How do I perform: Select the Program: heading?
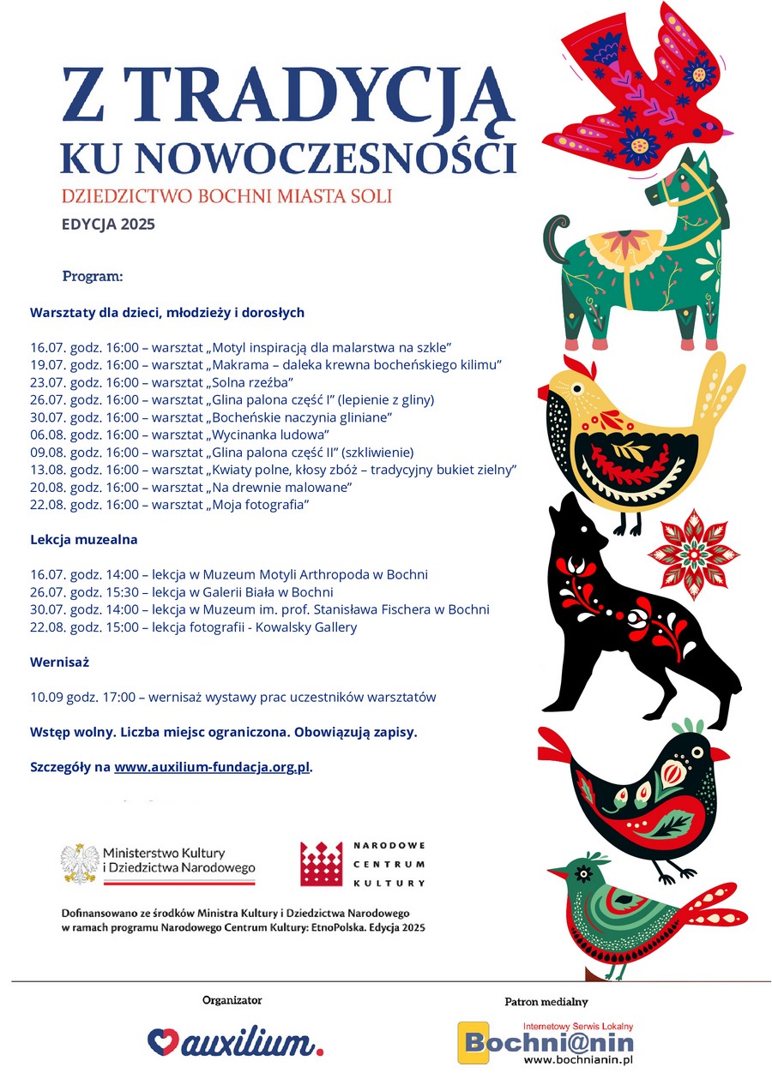coord(93,277)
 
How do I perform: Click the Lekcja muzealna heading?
coord(84,540)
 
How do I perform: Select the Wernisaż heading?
coord(60,662)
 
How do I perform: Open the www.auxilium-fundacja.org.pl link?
coord(212,767)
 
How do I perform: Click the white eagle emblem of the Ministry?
coord(80,863)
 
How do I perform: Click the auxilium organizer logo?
coord(236,1042)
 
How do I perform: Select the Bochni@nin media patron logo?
coord(547,1042)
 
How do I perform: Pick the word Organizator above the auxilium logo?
coord(232,1000)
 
